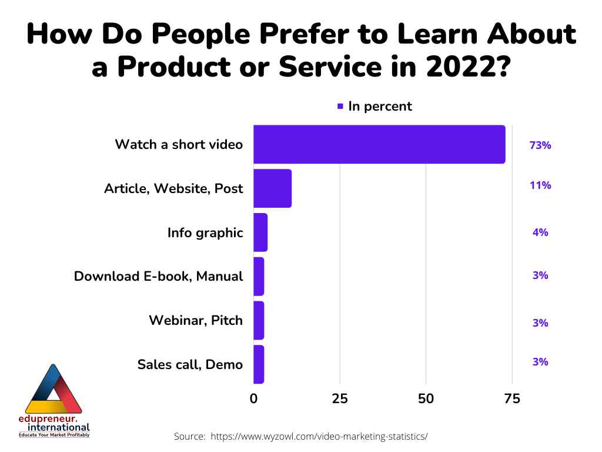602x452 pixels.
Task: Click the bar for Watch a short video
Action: tap(379, 144)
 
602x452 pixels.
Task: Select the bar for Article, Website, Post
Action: tap(272, 188)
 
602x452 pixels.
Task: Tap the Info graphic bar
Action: tap(260, 232)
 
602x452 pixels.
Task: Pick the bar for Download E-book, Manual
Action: tap(259, 276)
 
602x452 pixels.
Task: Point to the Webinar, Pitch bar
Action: tap(259, 320)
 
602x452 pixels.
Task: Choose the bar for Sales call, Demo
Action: tap(259, 364)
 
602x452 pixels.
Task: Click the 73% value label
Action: tap(540, 145)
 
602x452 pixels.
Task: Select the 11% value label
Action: tap(540, 185)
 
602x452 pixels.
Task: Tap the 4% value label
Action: tap(540, 232)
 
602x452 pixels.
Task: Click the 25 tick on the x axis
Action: tap(340, 398)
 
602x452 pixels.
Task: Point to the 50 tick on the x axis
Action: tap(426, 398)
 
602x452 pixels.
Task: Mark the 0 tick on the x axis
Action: tap(254, 398)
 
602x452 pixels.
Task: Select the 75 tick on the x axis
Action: tap(512, 398)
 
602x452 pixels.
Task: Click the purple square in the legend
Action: tap(340, 107)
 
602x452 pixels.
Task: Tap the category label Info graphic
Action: tap(205, 232)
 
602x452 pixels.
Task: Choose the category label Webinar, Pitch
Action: tap(195, 321)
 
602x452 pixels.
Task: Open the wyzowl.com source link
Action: tap(319, 437)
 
